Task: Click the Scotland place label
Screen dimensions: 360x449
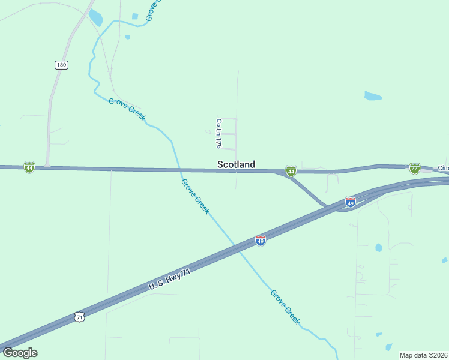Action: point(236,164)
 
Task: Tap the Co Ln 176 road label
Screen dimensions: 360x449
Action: point(219,133)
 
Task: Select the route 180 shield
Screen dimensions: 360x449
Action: point(61,65)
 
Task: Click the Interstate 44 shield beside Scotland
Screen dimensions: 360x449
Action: point(291,172)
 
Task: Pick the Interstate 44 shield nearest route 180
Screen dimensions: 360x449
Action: point(29,167)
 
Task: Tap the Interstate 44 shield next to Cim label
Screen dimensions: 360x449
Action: point(414,168)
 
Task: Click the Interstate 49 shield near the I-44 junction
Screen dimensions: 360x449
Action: point(351,202)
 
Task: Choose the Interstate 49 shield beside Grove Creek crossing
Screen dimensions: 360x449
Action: point(260,240)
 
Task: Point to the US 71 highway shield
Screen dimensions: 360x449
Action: point(80,316)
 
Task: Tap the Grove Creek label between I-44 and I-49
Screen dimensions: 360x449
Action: point(196,197)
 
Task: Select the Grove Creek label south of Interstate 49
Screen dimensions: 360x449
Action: point(285,307)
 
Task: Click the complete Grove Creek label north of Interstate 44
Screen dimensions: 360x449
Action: point(127,109)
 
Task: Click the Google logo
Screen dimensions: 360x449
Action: point(20,353)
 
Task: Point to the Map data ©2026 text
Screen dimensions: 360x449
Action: point(423,355)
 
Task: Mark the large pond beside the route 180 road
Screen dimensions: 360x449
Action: point(95,18)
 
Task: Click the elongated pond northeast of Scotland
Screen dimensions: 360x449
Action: point(373,95)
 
